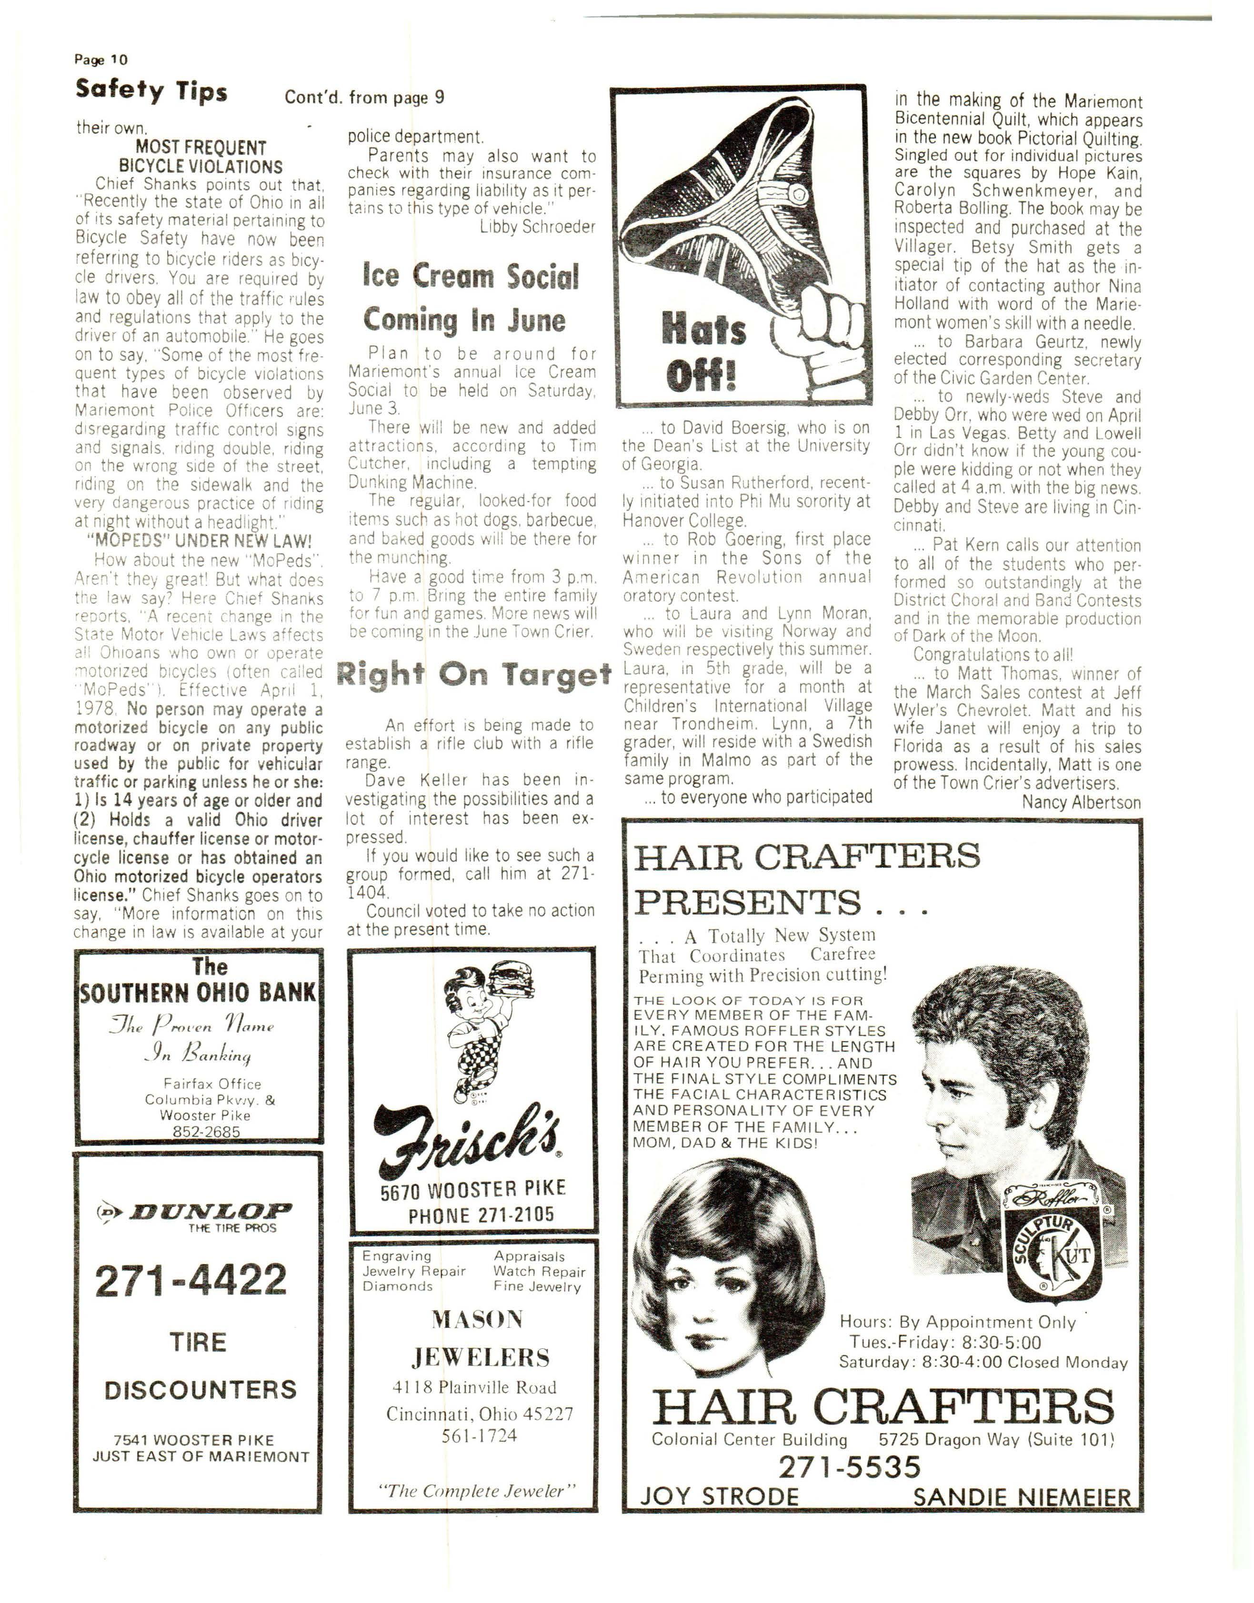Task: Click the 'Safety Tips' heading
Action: (151, 91)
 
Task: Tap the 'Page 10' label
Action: (100, 60)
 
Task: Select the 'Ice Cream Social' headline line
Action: (471, 277)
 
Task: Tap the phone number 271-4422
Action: (191, 1281)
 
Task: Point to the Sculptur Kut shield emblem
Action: (1054, 1255)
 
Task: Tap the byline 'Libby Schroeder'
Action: (537, 227)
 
